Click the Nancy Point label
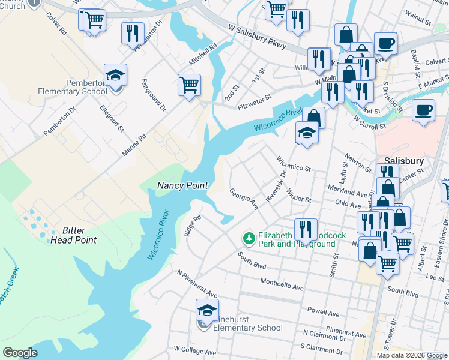click(x=182, y=185)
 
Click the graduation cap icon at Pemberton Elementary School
click(x=115, y=76)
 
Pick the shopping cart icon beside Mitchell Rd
click(x=189, y=85)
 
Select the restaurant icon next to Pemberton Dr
click(x=133, y=33)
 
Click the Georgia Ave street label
click(x=244, y=199)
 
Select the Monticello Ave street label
click(x=282, y=284)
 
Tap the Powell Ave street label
click(x=324, y=312)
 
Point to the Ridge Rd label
click(x=191, y=224)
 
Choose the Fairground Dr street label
click(x=154, y=94)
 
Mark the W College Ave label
click(x=194, y=350)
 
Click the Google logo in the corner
click(x=20, y=353)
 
